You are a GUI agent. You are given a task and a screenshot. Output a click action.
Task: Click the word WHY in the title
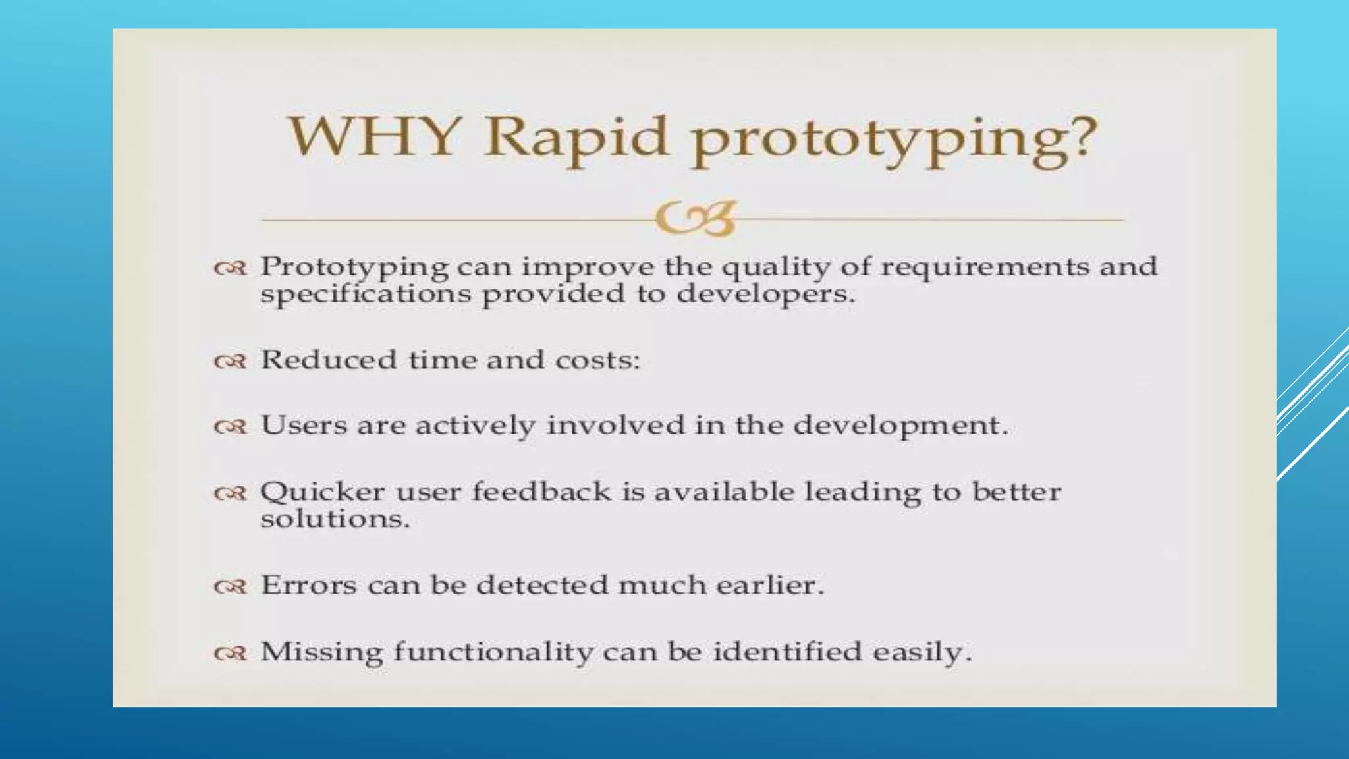click(x=373, y=137)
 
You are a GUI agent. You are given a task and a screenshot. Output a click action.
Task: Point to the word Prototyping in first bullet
click(x=354, y=267)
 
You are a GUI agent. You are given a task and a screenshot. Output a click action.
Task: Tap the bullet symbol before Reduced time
click(x=231, y=362)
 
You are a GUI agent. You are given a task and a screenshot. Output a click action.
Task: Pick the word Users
click(x=304, y=425)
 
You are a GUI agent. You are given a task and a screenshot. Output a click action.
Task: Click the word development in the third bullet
click(x=900, y=426)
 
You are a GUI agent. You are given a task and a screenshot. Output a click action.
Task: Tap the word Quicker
click(x=322, y=492)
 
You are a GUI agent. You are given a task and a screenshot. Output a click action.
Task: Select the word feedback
click(x=541, y=492)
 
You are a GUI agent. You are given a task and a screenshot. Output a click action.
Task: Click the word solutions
click(x=335, y=519)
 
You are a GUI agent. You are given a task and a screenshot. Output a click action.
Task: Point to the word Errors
click(x=308, y=585)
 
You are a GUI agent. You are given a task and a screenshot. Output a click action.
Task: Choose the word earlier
click(x=769, y=585)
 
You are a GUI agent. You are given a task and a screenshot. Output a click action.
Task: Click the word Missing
click(x=321, y=652)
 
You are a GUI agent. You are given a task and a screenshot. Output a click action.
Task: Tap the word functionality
click(x=493, y=652)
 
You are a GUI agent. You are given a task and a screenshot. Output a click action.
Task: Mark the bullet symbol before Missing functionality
click(x=231, y=654)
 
